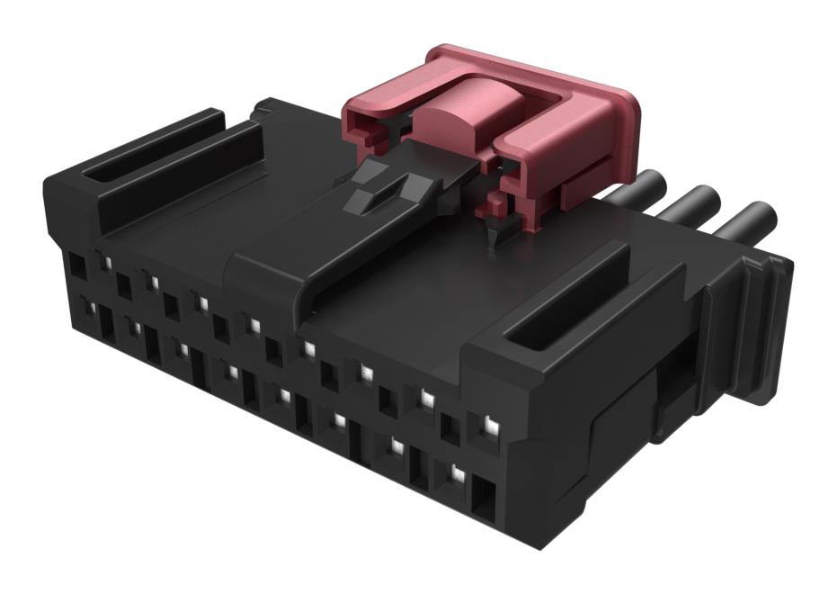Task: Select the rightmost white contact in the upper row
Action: (x=490, y=422)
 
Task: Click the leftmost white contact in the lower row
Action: (x=89, y=309)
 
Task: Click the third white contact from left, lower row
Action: (x=183, y=347)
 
